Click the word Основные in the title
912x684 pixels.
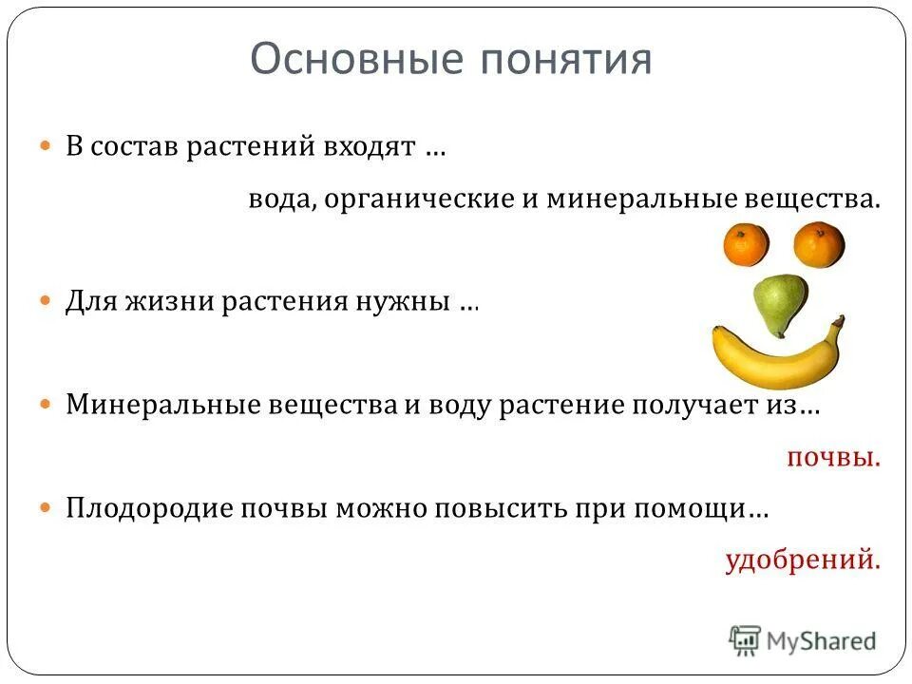[x=352, y=59]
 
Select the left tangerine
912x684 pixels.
[x=746, y=244]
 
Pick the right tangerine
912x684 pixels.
[x=818, y=244]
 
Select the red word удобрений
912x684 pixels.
[x=803, y=560]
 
